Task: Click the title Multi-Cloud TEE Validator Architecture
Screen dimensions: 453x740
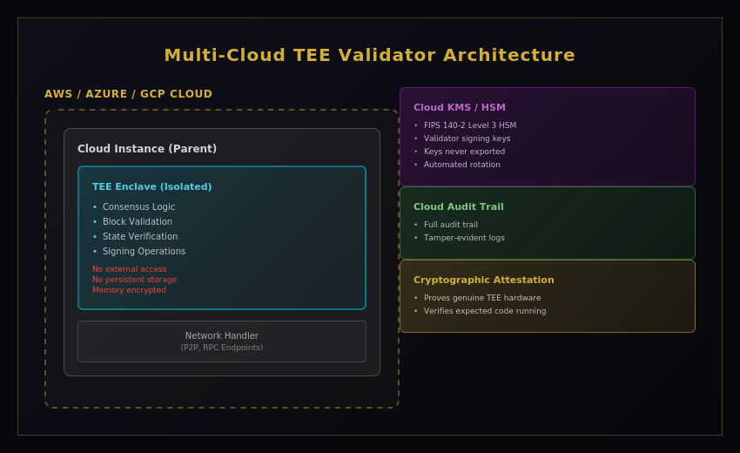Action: coord(369,55)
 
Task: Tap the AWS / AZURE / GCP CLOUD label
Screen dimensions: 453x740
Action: coord(128,94)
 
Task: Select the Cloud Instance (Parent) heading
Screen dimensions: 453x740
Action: coord(147,149)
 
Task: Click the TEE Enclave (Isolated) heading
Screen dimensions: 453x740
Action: coord(151,186)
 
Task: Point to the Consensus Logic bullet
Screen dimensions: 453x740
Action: coord(138,207)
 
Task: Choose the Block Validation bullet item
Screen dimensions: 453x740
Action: coord(137,222)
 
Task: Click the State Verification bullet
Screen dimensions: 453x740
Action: coord(139,237)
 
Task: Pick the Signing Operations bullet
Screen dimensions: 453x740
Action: coord(144,252)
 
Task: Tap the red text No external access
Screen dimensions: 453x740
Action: coord(129,269)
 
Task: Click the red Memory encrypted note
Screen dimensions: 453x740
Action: coord(129,290)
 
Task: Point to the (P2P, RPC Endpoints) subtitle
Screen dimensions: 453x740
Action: coord(221,348)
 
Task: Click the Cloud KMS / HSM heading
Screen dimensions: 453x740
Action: coord(459,108)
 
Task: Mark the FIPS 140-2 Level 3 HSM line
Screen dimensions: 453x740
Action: coord(469,125)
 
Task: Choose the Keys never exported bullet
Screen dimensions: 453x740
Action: coord(464,152)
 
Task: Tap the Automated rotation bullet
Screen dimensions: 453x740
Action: coord(461,165)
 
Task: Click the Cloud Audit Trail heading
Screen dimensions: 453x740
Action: coord(458,207)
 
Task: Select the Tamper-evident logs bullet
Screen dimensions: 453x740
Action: coord(464,238)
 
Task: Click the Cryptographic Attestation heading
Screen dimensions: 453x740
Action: coord(483,281)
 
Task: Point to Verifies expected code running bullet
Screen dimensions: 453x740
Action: coord(484,311)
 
